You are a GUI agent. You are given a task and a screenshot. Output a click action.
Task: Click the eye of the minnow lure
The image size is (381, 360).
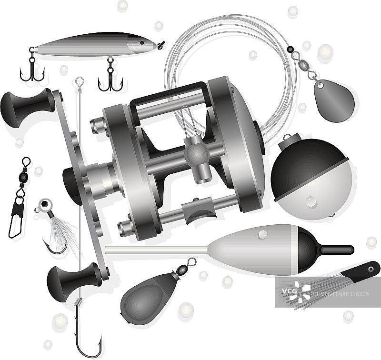pos(142,43)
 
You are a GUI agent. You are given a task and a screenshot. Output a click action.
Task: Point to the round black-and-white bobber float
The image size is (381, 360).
pos(311,179)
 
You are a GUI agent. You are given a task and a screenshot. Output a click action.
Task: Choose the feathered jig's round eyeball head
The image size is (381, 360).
pos(45,205)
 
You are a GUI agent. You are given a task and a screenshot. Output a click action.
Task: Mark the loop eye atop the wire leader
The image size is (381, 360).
pos(80,81)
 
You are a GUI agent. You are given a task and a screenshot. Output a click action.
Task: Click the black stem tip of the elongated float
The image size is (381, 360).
pos(337,250)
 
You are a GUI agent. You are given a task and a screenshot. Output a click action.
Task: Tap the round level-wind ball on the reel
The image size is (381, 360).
pos(197,153)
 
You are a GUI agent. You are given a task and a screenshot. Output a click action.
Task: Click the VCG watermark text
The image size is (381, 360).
pos(289,290)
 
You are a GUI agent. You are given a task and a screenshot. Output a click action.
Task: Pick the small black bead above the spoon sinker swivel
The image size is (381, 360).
pos(290,50)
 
